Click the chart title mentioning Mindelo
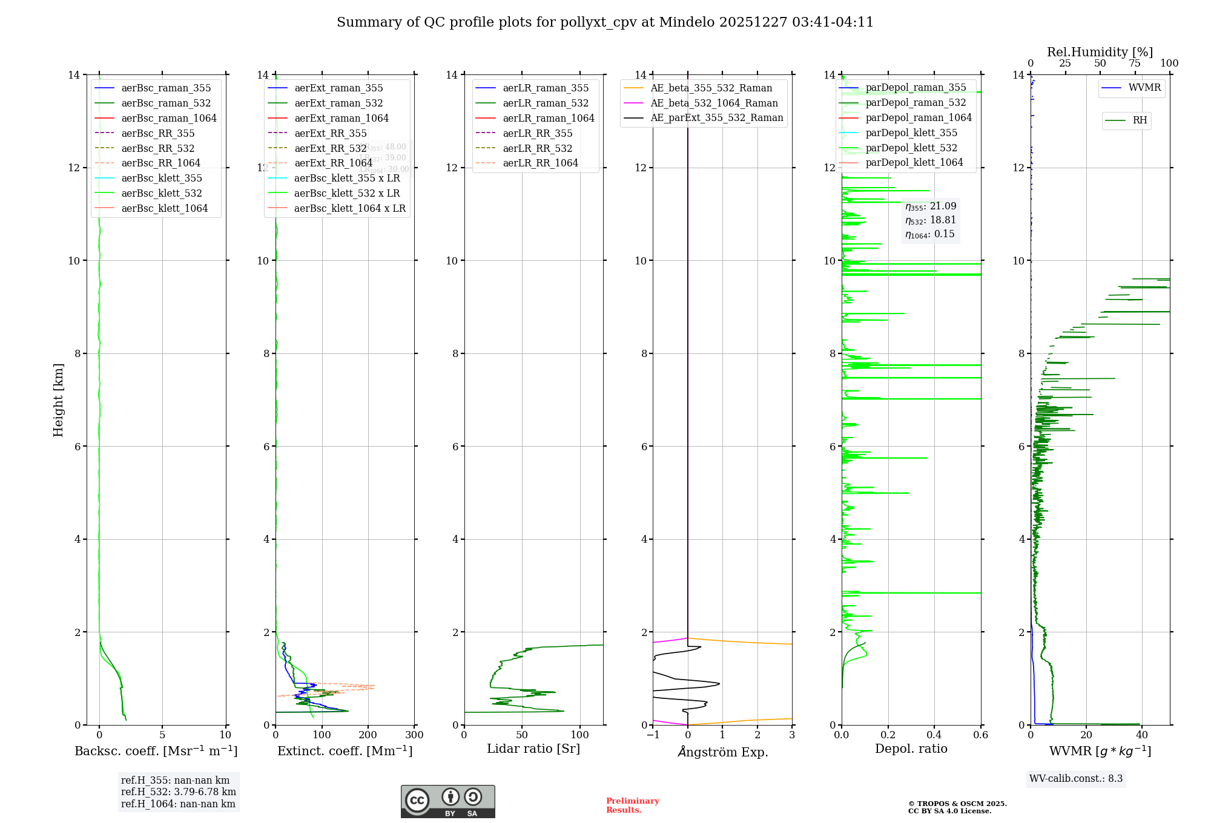pyautogui.click(x=605, y=22)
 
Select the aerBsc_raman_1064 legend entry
pyautogui.click(x=168, y=118)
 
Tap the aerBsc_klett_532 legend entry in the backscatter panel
pyautogui.click(x=161, y=193)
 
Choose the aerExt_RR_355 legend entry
pyautogui.click(x=330, y=133)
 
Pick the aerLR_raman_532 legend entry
pyautogui.click(x=545, y=103)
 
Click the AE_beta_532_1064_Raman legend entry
pyautogui.click(x=714, y=103)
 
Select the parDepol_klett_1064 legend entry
pyautogui.click(x=914, y=162)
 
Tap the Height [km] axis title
pyautogui.click(x=58, y=399)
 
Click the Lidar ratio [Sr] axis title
pyautogui.click(x=533, y=749)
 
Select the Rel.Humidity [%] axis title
pyautogui.click(x=1100, y=52)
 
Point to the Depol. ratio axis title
pyautogui.click(x=911, y=749)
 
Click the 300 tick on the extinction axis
pyautogui.click(x=415, y=735)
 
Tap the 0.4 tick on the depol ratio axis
pyautogui.click(x=934, y=735)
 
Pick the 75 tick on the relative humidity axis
pyautogui.click(x=1134, y=64)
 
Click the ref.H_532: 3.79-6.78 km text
pyautogui.click(x=178, y=792)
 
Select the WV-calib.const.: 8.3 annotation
pyautogui.click(x=1075, y=779)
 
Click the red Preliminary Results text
pyautogui.click(x=632, y=805)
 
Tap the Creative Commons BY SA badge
pyautogui.click(x=447, y=802)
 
